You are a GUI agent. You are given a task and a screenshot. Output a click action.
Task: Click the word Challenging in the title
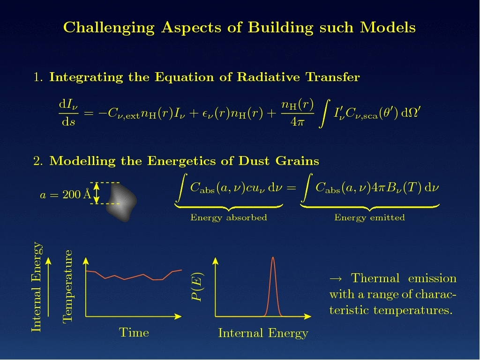pyautogui.click(x=109, y=28)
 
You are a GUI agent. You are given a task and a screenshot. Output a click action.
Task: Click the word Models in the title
pyautogui.click(x=388, y=27)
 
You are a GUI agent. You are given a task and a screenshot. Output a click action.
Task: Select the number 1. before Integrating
pyautogui.click(x=38, y=77)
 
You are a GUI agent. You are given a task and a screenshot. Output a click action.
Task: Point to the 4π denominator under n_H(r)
pyautogui.click(x=298, y=122)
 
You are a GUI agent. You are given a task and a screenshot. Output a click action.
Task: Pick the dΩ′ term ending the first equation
pyautogui.click(x=411, y=112)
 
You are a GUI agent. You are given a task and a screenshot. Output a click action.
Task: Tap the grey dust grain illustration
pyautogui.click(x=121, y=202)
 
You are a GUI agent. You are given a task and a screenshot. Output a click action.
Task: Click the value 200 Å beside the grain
pyautogui.click(x=77, y=194)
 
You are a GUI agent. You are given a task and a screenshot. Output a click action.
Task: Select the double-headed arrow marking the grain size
pyautogui.click(x=97, y=193)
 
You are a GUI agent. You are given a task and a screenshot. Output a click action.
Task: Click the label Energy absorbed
pyautogui.click(x=229, y=217)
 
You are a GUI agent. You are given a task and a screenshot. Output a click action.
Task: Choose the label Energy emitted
pyautogui.click(x=369, y=217)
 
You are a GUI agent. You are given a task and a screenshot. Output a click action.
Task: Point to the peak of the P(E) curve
pyautogui.click(x=273, y=257)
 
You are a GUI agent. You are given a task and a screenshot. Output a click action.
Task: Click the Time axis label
pyautogui.click(x=134, y=332)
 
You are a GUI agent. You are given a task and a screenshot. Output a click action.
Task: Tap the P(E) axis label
pyautogui.click(x=197, y=286)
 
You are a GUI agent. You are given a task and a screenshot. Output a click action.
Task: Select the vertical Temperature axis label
pyautogui.click(x=67, y=286)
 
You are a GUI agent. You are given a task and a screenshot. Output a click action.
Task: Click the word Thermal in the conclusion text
pyautogui.click(x=375, y=278)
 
